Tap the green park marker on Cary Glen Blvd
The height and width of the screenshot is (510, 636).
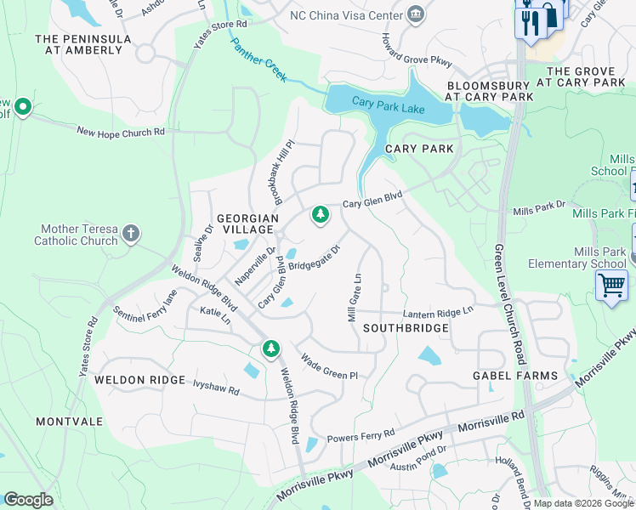(320, 216)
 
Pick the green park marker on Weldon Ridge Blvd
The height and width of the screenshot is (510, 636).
(270, 348)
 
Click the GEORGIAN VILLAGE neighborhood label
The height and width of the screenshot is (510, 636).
(247, 224)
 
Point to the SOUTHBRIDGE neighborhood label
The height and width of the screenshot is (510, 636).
(406, 327)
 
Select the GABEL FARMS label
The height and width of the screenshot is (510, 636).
(515, 376)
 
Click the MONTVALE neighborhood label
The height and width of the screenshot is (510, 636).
(69, 422)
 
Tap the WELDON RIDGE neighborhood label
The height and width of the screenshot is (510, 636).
(139, 380)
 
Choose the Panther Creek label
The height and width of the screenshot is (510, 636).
(259, 57)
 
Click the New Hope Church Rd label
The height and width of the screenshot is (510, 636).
(120, 132)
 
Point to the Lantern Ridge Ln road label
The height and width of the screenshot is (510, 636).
(437, 312)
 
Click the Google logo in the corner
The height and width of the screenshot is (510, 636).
(28, 500)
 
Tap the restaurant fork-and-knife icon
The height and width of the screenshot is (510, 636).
(528, 21)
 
